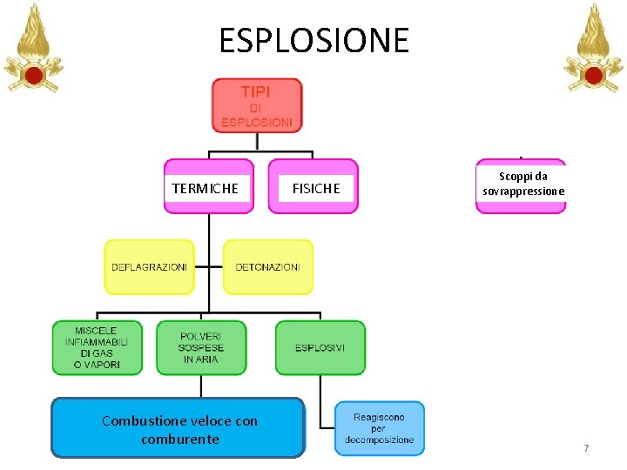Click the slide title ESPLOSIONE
point(313,40)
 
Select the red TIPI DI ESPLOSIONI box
point(256,105)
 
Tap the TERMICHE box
point(208,186)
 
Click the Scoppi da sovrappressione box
point(520,185)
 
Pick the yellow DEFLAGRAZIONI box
point(149,267)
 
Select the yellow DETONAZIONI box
point(267,267)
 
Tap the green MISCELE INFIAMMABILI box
point(96,347)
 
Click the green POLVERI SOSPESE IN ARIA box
point(201,347)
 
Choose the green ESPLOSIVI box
point(320,347)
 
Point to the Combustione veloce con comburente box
point(179,428)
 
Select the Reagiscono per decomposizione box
point(379,428)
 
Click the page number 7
point(586,448)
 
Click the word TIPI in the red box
point(255,91)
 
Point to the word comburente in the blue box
point(179,439)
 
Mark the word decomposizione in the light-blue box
point(379,440)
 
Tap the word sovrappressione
point(521,191)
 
